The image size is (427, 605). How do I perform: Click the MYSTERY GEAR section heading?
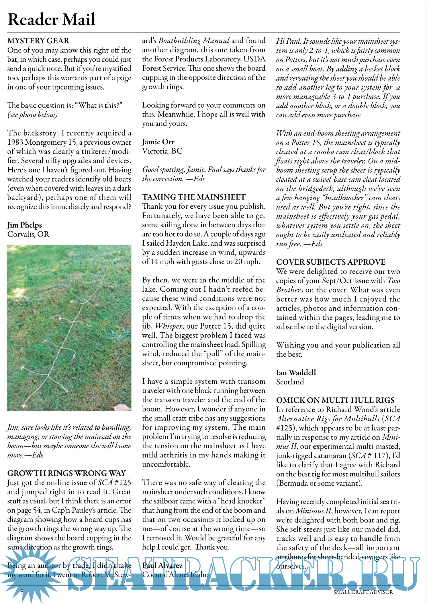tap(38, 41)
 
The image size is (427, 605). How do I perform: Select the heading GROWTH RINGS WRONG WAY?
tap(66, 473)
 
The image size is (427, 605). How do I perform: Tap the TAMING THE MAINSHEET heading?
tap(194, 197)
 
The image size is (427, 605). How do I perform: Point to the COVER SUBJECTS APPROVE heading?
tap(330, 262)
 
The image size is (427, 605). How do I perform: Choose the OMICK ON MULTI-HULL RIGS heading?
tap(335, 400)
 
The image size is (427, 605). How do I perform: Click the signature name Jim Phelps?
tap(25, 225)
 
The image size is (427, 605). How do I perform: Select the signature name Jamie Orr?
tap(158, 142)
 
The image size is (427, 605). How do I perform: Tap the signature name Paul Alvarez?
tap(162, 565)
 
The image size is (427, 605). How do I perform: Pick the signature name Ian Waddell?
tap(296, 373)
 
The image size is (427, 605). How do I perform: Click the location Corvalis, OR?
tap(28, 234)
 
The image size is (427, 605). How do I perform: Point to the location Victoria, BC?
tap(162, 151)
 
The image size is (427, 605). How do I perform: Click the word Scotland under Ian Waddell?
tap(290, 382)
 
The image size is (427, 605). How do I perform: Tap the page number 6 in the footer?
tap(22, 592)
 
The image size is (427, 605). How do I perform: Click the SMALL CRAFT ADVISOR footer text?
tap(363, 592)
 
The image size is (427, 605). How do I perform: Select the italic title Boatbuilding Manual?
tap(194, 41)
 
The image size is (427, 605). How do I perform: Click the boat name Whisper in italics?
tap(169, 326)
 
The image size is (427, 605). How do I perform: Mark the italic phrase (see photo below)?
tap(32, 115)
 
